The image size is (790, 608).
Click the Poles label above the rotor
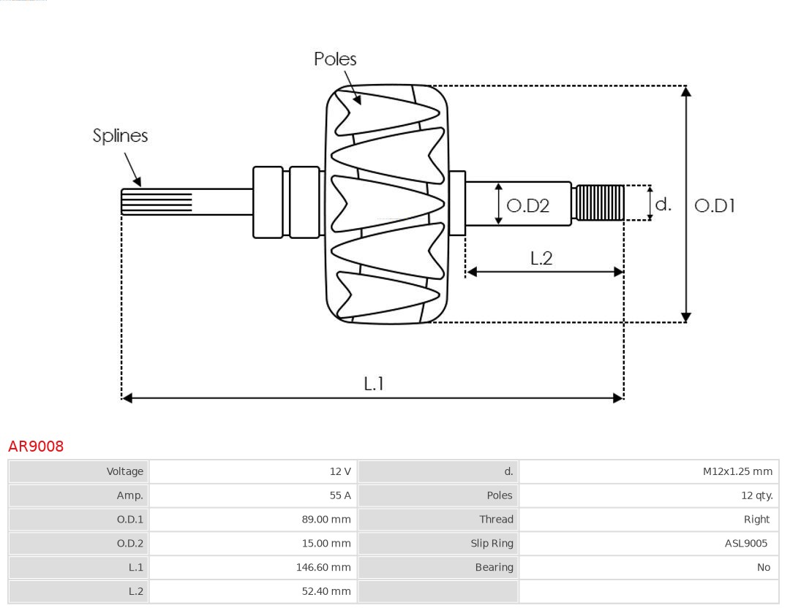(x=335, y=59)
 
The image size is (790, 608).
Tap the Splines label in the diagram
(x=120, y=136)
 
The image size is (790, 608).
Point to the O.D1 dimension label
(x=714, y=206)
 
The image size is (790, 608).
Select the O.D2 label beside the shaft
(x=527, y=206)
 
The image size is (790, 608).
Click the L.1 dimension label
(x=374, y=384)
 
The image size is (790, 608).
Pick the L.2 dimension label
(x=541, y=258)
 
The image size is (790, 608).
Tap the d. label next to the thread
(x=663, y=205)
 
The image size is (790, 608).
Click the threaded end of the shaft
(x=599, y=202)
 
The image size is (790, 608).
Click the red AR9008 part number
(x=36, y=446)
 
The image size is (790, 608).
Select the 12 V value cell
(x=340, y=471)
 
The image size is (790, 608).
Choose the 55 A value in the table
(x=340, y=495)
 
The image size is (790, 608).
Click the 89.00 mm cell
(x=326, y=520)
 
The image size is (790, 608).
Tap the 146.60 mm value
(x=323, y=567)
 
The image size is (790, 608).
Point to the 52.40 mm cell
(x=326, y=591)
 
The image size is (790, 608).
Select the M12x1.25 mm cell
(x=737, y=471)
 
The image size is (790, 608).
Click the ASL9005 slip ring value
(x=746, y=543)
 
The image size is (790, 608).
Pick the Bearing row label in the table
(x=494, y=567)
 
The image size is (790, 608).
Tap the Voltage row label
(x=124, y=471)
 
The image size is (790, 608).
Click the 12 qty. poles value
(x=756, y=495)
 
